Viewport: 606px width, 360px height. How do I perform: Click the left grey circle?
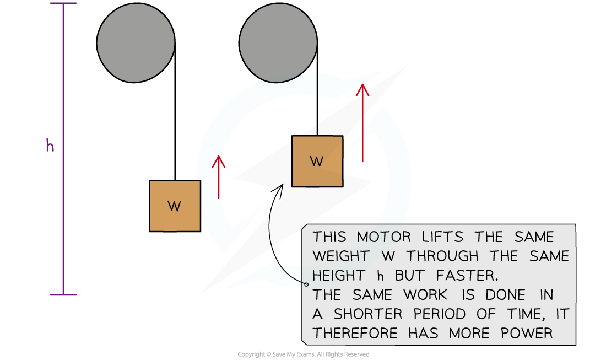136,43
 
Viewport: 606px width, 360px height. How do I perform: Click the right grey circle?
278,43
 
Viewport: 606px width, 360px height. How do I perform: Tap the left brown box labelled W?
175,206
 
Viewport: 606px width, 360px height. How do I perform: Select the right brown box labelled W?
317,161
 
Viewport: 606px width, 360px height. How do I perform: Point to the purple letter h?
50,146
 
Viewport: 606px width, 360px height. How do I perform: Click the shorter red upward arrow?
219,176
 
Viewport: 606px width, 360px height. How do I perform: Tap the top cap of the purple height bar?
63,4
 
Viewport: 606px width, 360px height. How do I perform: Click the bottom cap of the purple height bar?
63,295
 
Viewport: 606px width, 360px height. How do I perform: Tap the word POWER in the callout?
527,334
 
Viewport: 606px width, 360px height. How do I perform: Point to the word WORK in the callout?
425,295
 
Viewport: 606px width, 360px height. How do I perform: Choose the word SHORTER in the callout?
367,314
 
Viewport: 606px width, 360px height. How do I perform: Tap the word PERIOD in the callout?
446,314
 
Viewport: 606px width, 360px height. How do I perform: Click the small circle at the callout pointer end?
306,285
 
